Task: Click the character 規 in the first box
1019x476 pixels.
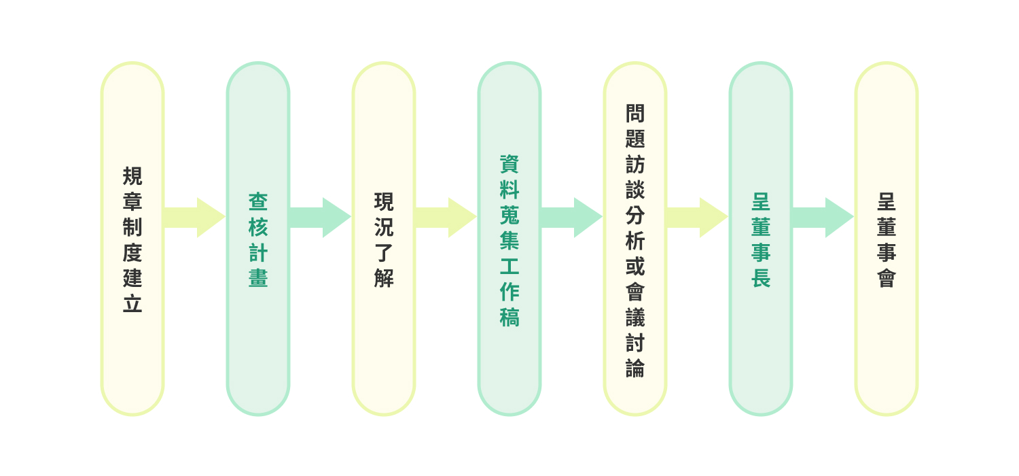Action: [x=132, y=176]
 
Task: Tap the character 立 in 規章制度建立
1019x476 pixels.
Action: [x=132, y=304]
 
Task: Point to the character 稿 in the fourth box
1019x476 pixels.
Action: [x=509, y=317]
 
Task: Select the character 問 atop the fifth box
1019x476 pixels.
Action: [x=635, y=113]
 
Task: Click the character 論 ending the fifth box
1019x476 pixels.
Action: [x=635, y=368]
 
